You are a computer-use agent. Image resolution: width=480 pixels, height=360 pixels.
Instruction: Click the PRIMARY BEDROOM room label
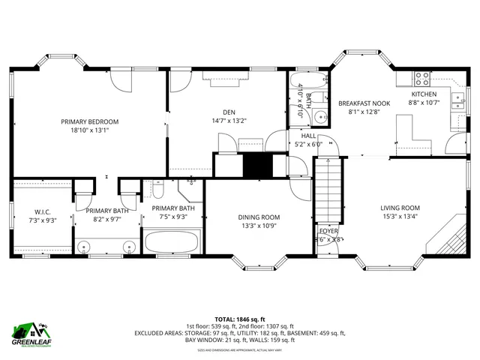(90, 121)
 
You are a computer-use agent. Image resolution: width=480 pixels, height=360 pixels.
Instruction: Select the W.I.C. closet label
(41, 211)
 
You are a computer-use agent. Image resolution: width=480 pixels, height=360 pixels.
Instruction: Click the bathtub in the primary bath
(172, 242)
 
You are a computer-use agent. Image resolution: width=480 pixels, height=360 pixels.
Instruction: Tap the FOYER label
(329, 231)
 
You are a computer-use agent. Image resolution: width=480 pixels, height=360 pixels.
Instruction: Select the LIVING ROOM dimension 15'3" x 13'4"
(400, 217)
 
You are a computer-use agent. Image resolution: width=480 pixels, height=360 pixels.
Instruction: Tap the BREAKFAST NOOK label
(364, 103)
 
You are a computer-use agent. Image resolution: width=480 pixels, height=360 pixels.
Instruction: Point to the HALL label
(308, 136)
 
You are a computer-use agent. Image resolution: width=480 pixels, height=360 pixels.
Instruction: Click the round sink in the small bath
(319, 116)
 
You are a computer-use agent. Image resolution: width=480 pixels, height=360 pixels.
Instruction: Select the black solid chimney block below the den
(255, 164)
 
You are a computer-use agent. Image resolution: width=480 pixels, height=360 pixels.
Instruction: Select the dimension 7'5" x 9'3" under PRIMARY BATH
(173, 217)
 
